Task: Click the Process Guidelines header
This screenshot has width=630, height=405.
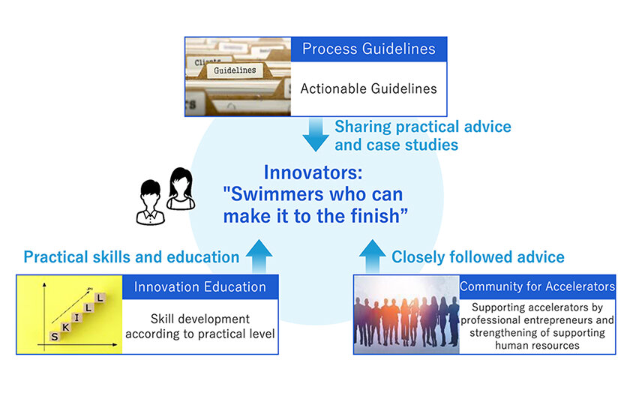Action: pos(368,49)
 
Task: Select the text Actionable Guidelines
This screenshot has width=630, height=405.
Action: pos(368,88)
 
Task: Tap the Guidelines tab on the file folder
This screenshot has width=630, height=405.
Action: pos(235,70)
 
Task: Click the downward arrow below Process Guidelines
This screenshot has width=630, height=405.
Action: pos(316,134)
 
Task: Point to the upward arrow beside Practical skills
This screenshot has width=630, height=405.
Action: pos(259,256)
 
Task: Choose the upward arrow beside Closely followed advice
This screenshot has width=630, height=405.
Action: pos(373,256)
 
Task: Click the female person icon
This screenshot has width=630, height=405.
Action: pos(181,188)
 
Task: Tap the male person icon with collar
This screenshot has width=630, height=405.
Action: pos(150,202)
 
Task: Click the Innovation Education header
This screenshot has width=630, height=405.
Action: pos(200,286)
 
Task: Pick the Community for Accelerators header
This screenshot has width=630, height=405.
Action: pos(537,286)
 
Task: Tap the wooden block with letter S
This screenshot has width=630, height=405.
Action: pos(55,336)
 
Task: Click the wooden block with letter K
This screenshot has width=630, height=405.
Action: pos(65,327)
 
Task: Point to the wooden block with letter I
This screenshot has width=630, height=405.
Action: pos(76,317)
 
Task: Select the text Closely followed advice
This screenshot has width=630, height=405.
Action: pos(478,257)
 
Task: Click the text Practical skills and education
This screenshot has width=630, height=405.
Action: pos(131,257)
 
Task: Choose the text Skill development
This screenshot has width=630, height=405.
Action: pos(200,319)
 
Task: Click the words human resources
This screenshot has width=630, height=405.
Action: pos(537,346)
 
